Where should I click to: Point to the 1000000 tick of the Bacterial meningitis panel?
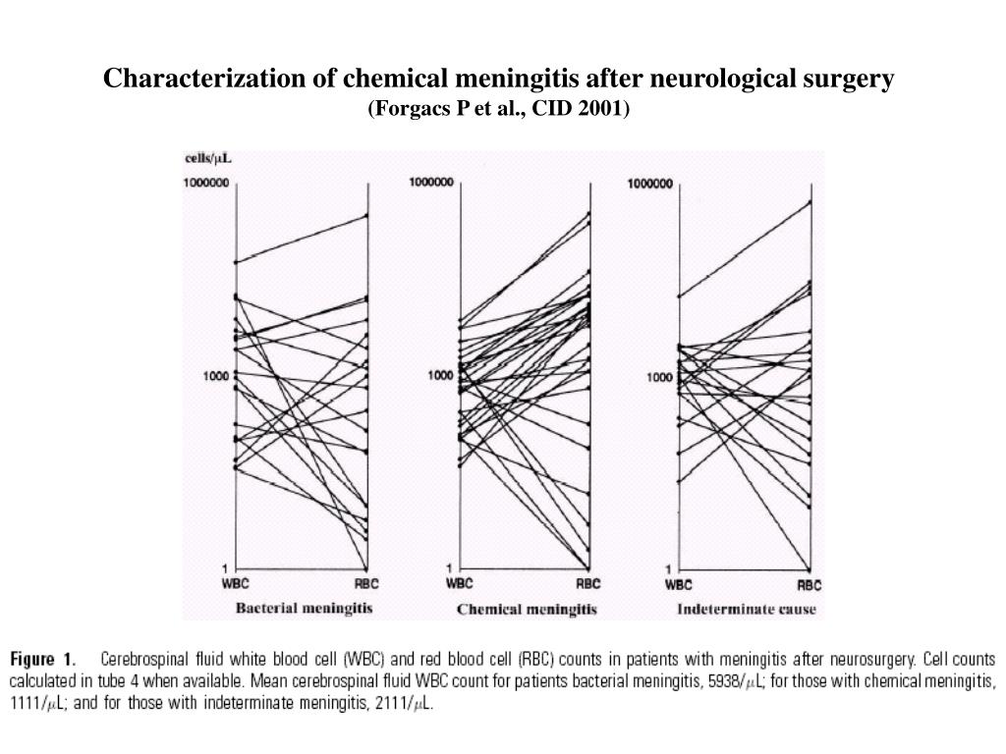(208, 184)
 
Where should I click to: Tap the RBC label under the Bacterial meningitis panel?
(366, 583)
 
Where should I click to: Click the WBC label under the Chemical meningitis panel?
(460, 583)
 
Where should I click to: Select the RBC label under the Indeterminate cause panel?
(810, 585)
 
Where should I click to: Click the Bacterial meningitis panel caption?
(304, 609)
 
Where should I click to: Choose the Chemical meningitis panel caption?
(527, 610)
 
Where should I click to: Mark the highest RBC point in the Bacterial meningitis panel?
(367, 216)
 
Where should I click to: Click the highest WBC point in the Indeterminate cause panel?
(680, 296)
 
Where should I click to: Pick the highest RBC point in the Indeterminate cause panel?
(810, 202)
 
